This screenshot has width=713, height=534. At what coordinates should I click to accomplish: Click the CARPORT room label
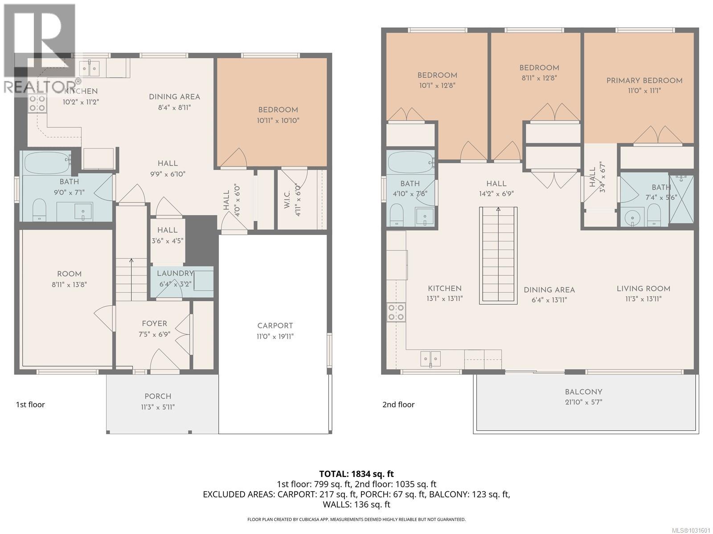275,326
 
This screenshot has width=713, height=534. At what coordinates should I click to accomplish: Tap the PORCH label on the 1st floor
158,396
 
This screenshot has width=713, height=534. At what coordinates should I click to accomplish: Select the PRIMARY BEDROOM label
644,81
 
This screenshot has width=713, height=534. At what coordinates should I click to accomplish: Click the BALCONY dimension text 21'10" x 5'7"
583,402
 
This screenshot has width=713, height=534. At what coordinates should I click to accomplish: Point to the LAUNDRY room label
175,273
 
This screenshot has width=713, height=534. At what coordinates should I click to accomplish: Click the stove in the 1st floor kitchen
37,104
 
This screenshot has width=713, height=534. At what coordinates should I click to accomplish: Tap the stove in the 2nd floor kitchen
396,312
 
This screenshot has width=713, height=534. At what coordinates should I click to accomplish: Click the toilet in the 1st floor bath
40,210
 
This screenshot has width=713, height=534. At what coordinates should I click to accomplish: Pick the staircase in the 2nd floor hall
498,255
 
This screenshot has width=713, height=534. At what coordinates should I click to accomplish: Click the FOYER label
155,324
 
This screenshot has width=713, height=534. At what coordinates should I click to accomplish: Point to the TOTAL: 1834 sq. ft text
356,474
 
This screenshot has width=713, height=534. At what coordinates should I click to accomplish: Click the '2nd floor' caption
398,405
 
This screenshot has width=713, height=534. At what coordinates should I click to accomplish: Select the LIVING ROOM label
643,289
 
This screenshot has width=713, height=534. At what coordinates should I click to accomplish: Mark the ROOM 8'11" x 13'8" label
69,274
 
